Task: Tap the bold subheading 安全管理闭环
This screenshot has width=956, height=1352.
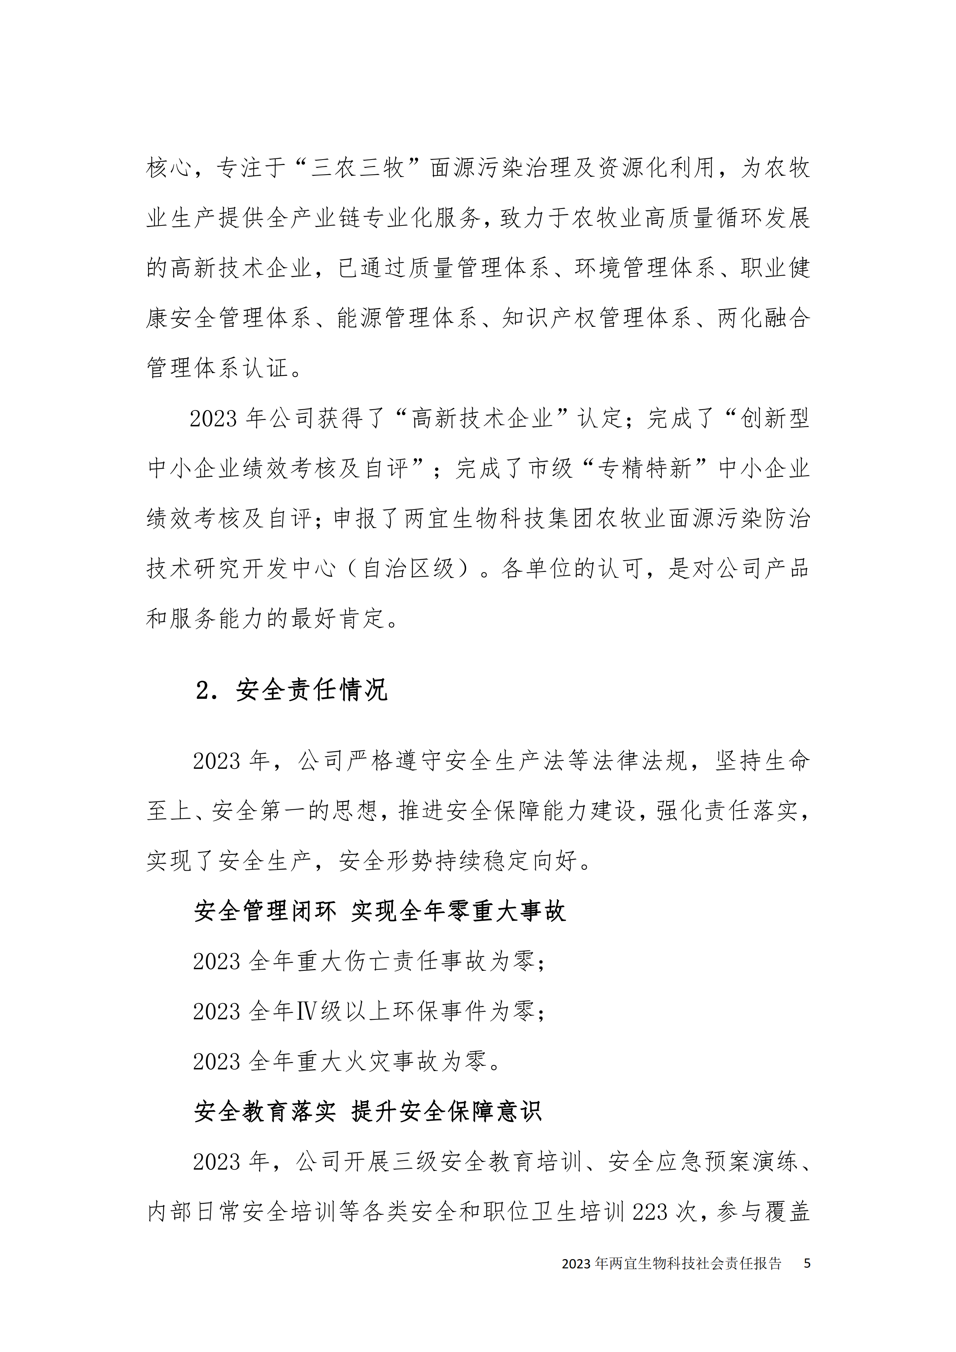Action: click(265, 911)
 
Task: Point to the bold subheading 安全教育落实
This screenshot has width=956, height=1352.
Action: click(265, 1111)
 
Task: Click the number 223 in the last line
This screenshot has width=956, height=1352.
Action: click(650, 1212)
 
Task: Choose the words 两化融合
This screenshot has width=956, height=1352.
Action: click(764, 318)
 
